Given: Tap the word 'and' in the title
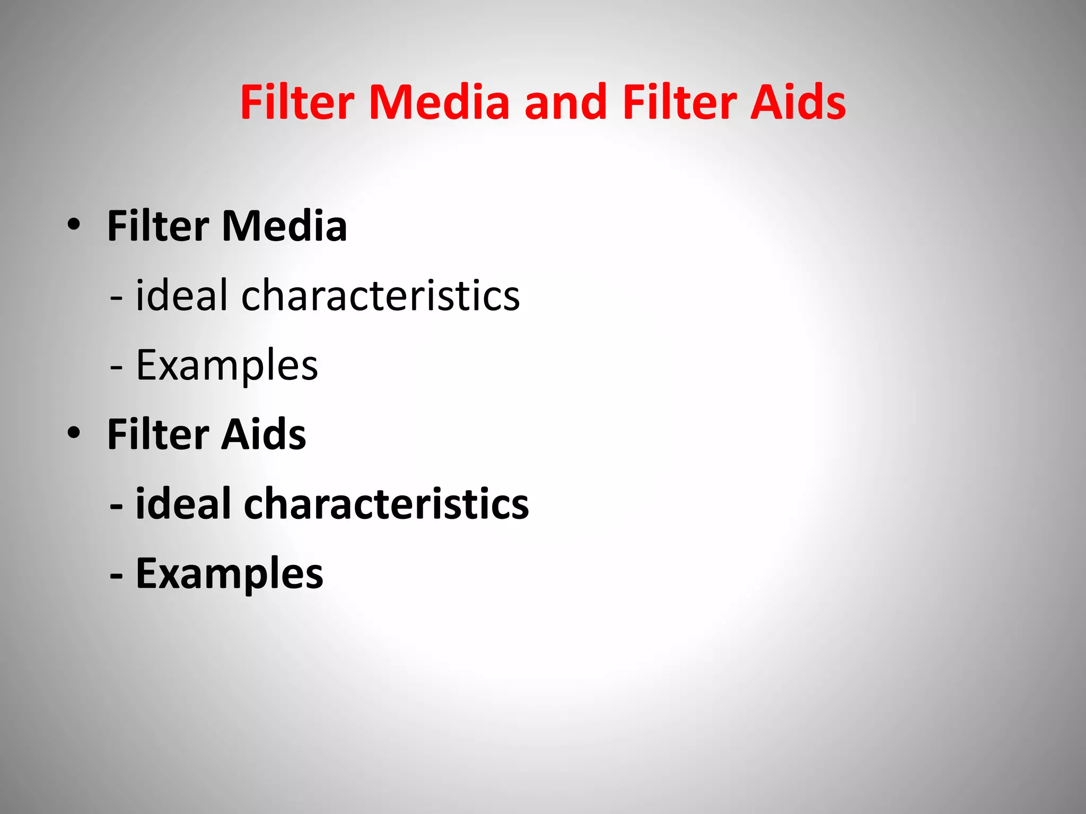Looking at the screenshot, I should [565, 102].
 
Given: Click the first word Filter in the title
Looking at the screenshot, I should [297, 102].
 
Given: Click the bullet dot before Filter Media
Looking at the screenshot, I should [74, 225].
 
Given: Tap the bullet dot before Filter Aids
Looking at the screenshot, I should [74, 433].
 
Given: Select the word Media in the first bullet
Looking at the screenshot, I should [284, 226].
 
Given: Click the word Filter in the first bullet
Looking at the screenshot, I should [158, 226].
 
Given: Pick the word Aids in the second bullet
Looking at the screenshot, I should [264, 435].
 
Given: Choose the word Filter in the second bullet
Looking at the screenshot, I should [158, 435].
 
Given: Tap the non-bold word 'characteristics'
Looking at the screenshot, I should [380, 295].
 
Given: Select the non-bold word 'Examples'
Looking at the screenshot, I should [227, 366].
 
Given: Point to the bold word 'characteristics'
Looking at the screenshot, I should [386, 503].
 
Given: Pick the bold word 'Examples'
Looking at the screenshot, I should [229, 574].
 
